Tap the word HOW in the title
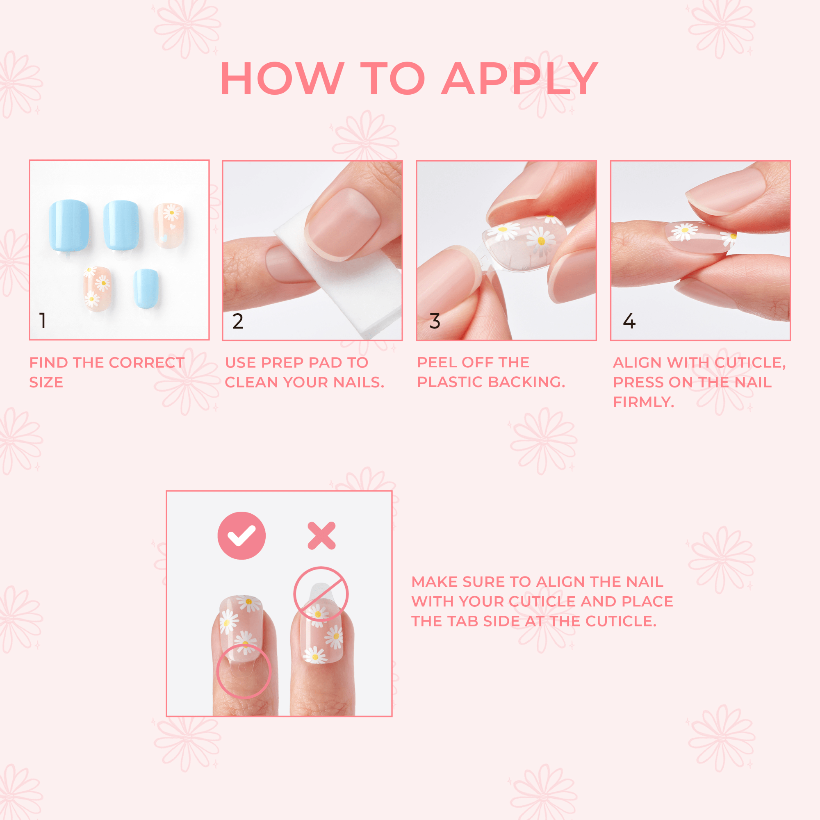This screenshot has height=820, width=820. point(282,79)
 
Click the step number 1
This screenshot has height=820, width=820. point(43,321)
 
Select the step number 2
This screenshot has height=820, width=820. point(238,321)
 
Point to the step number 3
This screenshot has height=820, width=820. point(435,321)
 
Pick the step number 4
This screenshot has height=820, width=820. point(629,321)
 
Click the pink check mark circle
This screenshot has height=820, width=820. point(241,535)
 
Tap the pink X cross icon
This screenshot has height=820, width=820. point(322,535)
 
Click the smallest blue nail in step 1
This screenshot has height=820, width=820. point(146,288)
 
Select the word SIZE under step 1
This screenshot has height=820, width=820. point(46,383)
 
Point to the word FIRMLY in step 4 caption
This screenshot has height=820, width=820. point(643,402)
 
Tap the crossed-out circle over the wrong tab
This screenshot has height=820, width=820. point(321,594)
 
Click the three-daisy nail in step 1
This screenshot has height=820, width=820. point(97,289)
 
